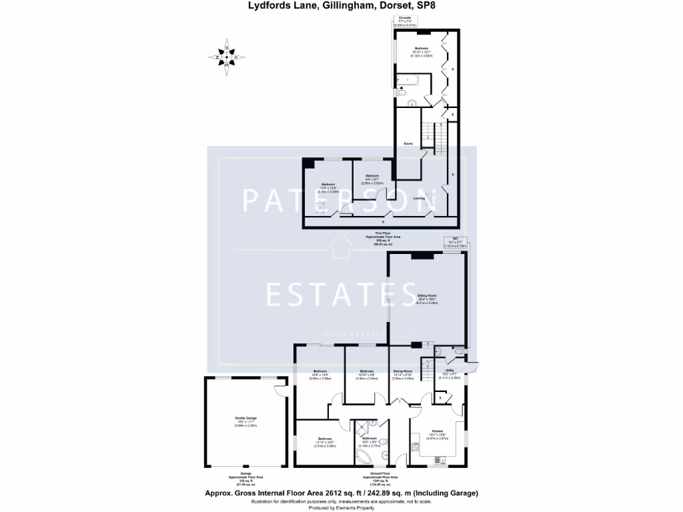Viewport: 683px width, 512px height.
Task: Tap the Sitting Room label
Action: tap(427, 297)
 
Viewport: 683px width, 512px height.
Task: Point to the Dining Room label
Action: tap(402, 373)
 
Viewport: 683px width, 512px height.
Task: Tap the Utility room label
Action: tap(450, 372)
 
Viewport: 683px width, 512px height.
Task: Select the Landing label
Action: tap(419, 198)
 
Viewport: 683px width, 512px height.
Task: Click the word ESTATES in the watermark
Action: tap(341, 293)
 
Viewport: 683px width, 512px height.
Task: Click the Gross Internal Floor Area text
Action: tap(341, 494)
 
